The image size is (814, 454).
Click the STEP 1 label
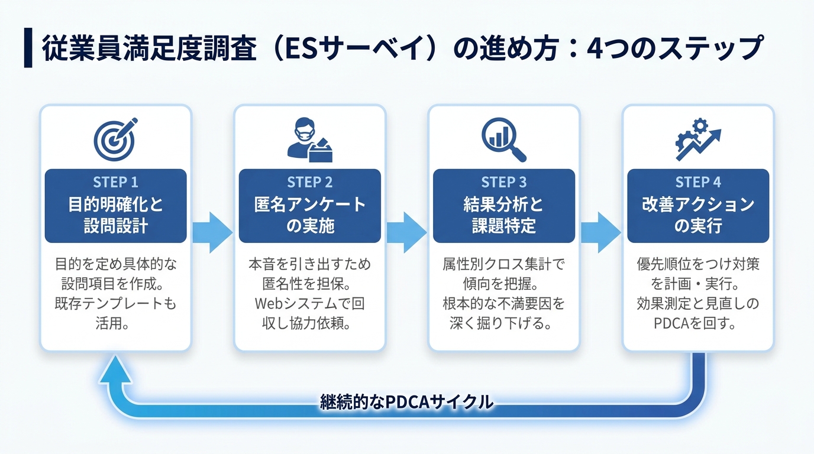(x=115, y=182)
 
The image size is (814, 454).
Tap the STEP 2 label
(x=309, y=182)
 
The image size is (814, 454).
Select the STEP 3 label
(x=503, y=182)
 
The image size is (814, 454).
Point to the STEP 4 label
(x=697, y=182)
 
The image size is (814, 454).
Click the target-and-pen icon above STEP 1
(x=115, y=139)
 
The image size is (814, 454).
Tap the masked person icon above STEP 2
(x=309, y=140)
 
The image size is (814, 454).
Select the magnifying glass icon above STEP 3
(x=503, y=140)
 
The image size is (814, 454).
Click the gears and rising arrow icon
(x=698, y=140)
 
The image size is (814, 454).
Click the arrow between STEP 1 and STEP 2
(x=212, y=232)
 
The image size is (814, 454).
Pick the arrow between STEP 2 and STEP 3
(x=406, y=232)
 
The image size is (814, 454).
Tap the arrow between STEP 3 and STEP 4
(x=600, y=232)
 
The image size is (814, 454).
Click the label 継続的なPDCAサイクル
(x=406, y=402)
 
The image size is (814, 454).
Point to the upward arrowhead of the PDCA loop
(x=115, y=369)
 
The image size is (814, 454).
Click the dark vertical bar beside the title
(x=28, y=47)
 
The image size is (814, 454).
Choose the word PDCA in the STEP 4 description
(x=671, y=323)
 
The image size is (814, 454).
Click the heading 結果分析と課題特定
(x=503, y=215)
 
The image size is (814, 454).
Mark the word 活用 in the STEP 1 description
(x=108, y=323)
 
